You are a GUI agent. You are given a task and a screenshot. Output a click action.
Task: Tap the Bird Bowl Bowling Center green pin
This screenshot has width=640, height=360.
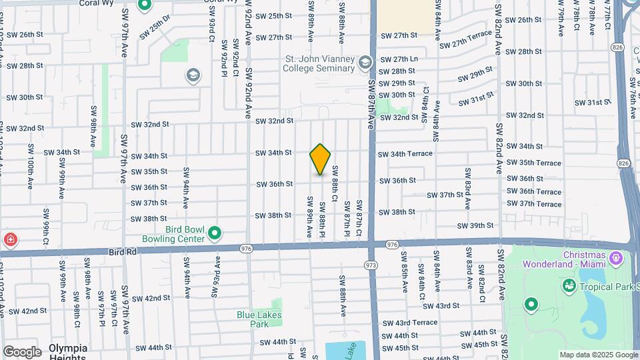[x=215, y=234]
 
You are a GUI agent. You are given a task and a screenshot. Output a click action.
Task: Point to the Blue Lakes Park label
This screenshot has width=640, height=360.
[x=259, y=319]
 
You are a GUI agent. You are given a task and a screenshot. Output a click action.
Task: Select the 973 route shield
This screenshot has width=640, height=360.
[x=371, y=265]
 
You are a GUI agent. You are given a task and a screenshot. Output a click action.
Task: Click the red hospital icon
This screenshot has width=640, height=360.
[x=10, y=240]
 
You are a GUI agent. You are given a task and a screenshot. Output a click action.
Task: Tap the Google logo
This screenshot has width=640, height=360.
[x=22, y=351]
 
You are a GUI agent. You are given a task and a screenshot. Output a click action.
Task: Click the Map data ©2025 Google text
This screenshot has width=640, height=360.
[x=597, y=355]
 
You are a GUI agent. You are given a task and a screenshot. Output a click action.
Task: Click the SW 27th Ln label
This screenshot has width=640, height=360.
[x=399, y=59]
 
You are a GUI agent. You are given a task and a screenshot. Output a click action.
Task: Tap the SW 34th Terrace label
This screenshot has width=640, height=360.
[x=405, y=154]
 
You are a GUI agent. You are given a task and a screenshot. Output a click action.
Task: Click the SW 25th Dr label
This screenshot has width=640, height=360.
[x=155, y=29]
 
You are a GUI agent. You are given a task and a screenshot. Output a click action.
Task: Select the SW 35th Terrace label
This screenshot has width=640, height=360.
[x=533, y=163]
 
